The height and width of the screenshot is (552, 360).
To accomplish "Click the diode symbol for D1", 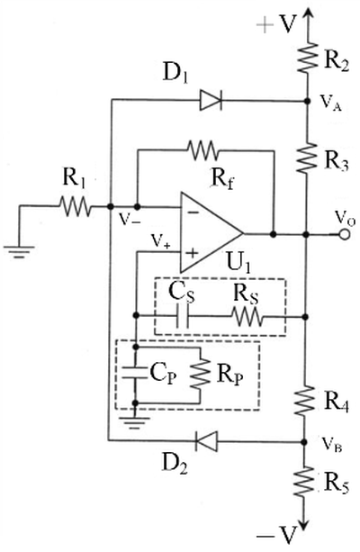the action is (x=211, y=100).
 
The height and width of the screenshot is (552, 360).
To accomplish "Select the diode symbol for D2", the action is (x=206, y=440).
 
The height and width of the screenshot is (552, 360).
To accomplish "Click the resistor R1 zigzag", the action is (x=75, y=206).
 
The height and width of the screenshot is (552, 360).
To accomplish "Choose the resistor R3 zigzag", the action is (x=307, y=158).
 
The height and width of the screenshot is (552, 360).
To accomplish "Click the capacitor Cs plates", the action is (x=183, y=316).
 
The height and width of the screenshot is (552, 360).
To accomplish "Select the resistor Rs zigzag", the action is (x=247, y=316).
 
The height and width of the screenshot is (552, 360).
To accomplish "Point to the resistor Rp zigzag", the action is (x=200, y=374).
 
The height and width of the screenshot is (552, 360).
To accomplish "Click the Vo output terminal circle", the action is (x=345, y=234).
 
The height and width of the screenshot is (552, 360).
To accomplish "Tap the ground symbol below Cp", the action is (x=134, y=422).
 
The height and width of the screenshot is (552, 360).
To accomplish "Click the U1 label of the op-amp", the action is (x=239, y=264).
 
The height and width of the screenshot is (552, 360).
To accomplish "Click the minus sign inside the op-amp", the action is (x=191, y=213).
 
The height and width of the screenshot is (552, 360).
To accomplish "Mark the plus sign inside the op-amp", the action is (x=192, y=253).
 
